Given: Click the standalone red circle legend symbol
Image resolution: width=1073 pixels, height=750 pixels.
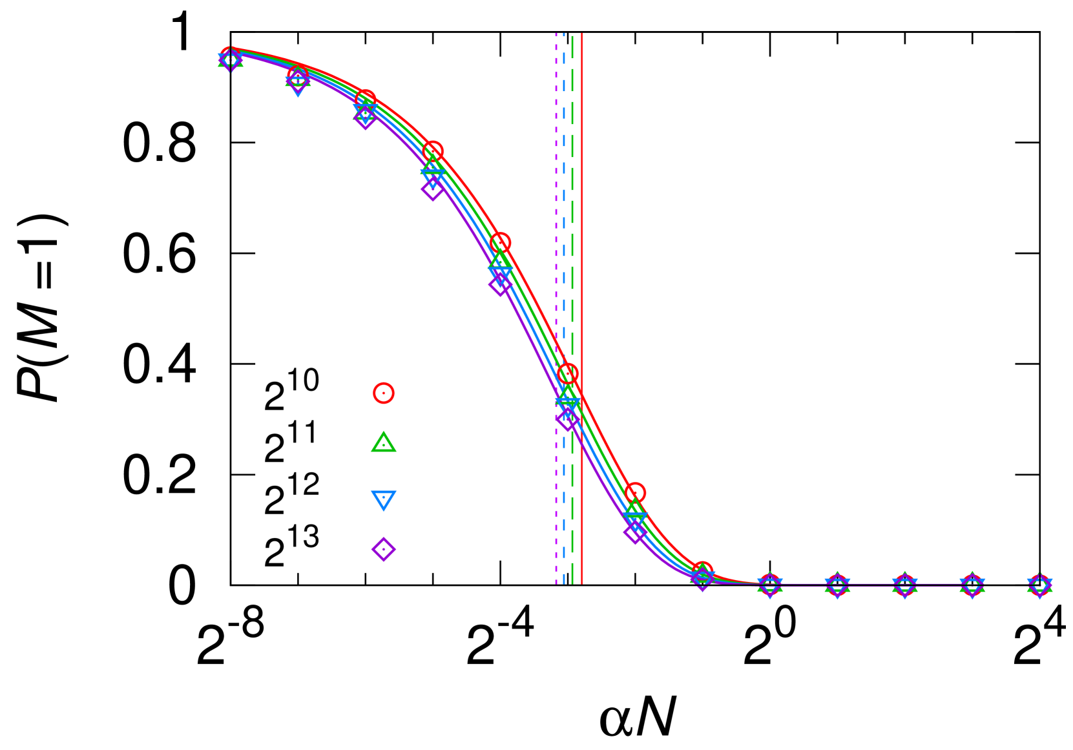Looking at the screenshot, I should pos(383,393).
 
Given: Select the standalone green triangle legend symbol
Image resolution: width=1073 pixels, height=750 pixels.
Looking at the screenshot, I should pos(383,443).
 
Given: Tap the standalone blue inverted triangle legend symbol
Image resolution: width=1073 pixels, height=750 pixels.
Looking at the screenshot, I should pos(383,499).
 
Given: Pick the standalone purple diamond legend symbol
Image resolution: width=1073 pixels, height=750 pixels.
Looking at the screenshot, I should pos(383,549).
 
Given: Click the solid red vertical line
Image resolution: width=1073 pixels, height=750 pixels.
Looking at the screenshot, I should pos(582,194).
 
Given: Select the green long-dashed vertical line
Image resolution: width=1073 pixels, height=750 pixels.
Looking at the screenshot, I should pos(572,194).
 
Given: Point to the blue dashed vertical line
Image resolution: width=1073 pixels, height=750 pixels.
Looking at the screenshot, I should pos(564,194).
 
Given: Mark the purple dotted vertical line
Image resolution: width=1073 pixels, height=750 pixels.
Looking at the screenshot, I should pos(556,194).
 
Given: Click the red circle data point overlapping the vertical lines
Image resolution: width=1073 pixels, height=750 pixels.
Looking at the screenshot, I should pos(567,373).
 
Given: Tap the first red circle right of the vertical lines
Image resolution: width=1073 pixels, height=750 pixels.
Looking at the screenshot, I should pos(635,493).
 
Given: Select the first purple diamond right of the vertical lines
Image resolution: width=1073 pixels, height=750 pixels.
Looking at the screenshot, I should pos(635,532).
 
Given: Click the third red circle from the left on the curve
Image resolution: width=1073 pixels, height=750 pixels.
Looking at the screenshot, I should pos(365,100).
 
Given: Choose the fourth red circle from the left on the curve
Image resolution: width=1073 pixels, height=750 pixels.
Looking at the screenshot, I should pos(433,151).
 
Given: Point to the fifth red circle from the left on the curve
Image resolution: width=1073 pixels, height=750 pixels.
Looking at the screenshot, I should pos(500,243).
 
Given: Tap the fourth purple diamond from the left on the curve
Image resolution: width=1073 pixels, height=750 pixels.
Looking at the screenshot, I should pos(433,189).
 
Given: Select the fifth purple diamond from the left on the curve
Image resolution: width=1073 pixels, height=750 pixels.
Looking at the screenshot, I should pos(500,284).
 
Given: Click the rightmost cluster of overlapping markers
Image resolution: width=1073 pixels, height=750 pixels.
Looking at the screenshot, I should pos(1039,585).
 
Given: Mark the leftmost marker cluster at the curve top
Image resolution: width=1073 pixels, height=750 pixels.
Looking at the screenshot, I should pos(231,59).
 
